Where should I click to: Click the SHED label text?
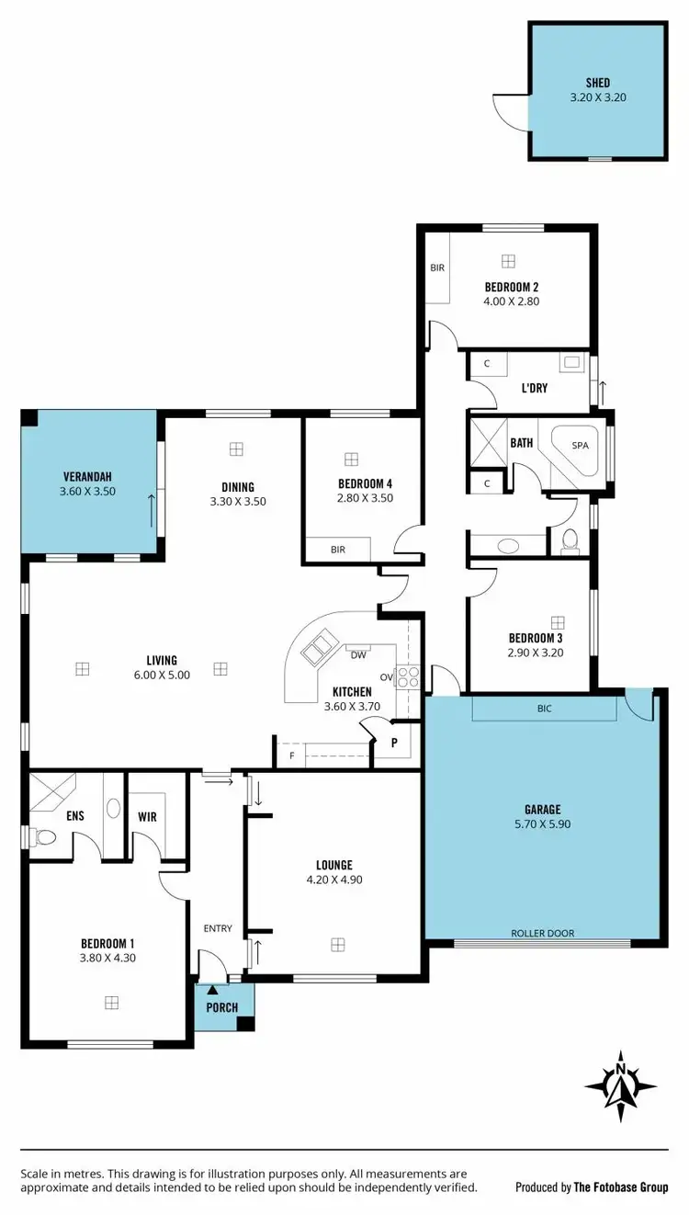[597, 83]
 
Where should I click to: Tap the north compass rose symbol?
[622, 1085]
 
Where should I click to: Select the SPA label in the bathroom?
[580, 445]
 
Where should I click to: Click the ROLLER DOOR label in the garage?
[542, 933]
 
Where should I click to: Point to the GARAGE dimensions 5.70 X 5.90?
[542, 824]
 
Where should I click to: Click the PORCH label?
[222, 1007]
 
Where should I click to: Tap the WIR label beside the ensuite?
[147, 815]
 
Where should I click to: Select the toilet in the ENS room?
[42, 837]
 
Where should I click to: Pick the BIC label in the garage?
[544, 709]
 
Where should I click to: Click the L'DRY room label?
[534, 389]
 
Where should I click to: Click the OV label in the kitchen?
[387, 678]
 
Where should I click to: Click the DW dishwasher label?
[358, 655]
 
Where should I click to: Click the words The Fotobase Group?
[621, 1187]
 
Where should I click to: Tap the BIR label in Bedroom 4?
[338, 549]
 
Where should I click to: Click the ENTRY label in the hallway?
[218, 928]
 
